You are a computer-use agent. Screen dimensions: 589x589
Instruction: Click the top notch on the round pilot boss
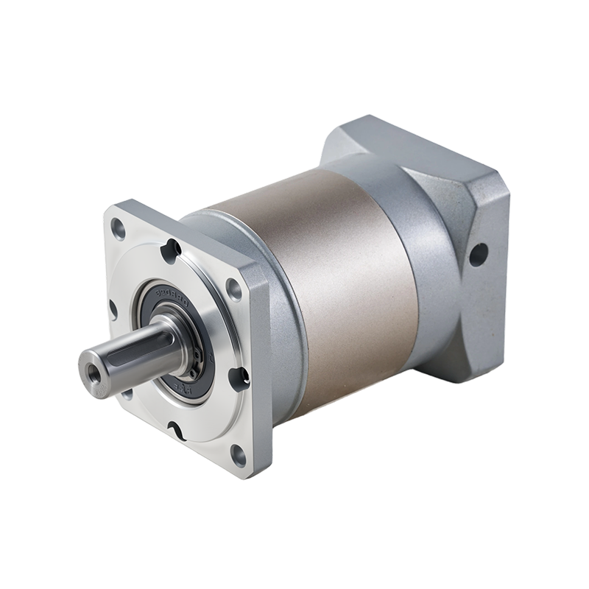coord(174,249)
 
